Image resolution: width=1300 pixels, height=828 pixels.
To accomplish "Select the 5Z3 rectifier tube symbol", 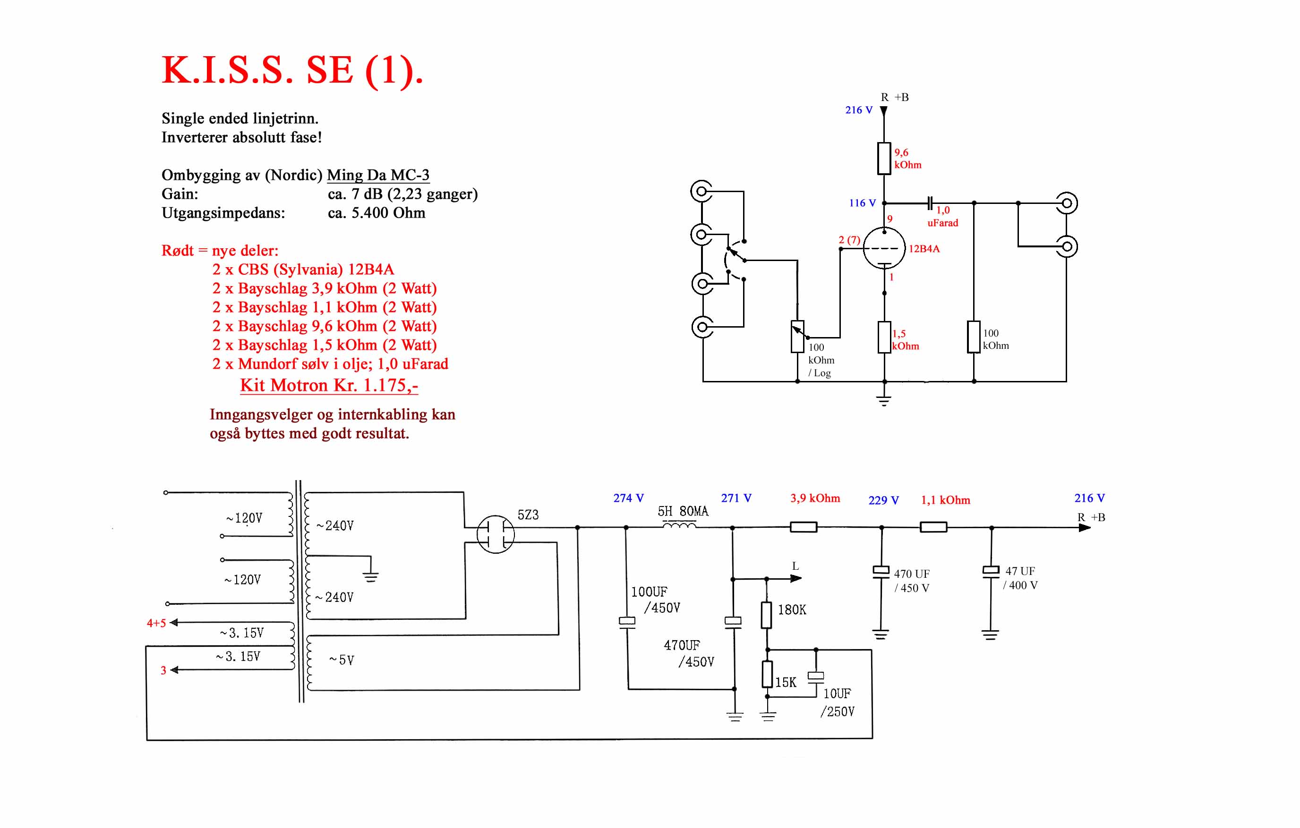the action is [496, 534].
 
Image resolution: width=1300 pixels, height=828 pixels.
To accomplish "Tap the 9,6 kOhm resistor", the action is [884, 159].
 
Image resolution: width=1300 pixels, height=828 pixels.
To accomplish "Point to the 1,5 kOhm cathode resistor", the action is [884, 337].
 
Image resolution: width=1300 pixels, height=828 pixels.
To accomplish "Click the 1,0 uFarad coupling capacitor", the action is [930, 203].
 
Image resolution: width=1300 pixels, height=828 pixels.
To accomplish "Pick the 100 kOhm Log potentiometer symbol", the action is [797, 337].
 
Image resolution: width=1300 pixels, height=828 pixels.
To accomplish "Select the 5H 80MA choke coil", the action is [679, 525].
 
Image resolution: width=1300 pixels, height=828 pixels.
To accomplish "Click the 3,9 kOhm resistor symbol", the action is [804, 527].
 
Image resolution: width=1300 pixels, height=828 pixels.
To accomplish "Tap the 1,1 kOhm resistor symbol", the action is [933, 527].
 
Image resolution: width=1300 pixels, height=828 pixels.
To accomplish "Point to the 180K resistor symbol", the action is [767, 615].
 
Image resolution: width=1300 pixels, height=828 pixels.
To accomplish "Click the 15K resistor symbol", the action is [767, 674].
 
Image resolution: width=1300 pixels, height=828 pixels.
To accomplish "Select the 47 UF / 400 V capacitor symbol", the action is [991, 572].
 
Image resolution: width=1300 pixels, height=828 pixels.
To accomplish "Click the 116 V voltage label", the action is [862, 203].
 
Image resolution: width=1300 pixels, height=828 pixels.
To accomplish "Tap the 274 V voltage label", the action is [628, 498].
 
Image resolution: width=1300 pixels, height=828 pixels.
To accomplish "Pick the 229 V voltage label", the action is [884, 500].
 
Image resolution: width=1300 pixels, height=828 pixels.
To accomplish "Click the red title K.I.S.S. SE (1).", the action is [292, 71].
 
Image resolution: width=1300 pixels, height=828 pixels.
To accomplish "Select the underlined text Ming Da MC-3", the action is [378, 175].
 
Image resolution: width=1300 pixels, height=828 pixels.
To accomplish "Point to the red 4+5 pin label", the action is [156, 623].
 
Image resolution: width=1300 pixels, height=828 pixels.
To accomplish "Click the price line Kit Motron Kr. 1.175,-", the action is [329, 385].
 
